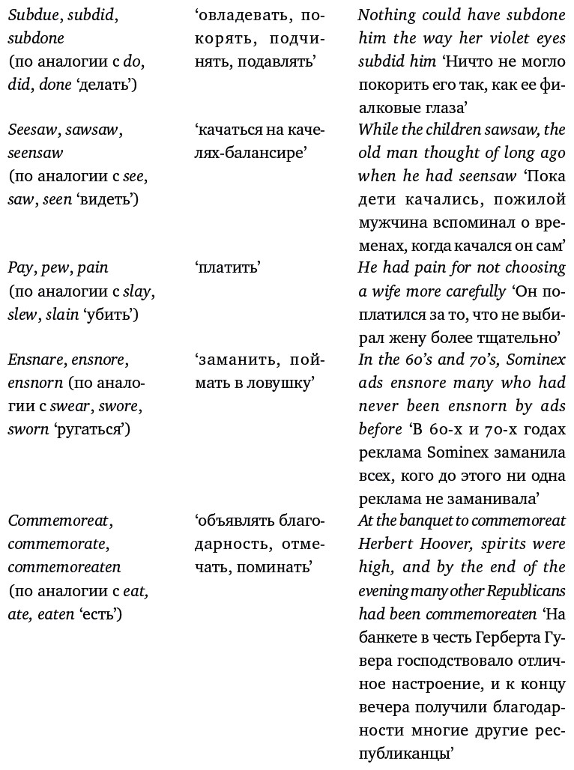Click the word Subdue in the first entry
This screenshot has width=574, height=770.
33,14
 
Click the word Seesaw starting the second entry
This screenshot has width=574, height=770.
33,130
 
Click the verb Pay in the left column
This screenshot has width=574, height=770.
20,268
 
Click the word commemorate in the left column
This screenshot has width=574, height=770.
58,545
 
